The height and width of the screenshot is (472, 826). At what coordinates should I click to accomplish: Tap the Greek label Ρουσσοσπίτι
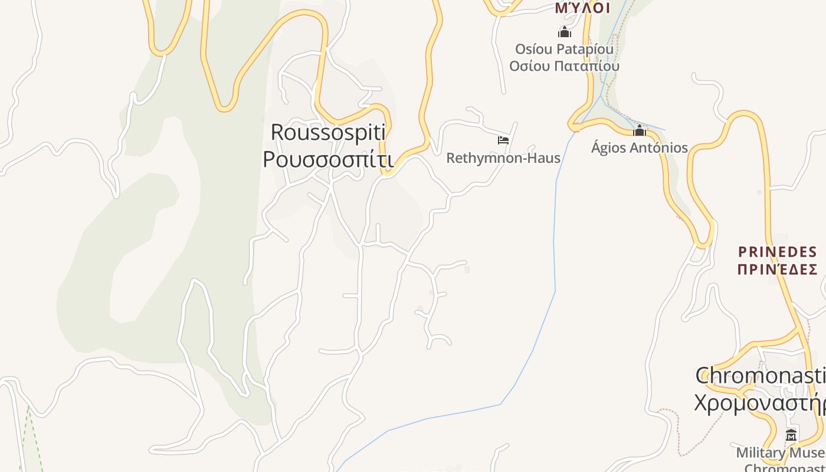pos(327,159)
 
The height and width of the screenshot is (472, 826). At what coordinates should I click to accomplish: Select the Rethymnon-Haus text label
pos(503,158)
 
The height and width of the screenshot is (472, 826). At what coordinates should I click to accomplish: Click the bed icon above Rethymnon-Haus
pos(503,140)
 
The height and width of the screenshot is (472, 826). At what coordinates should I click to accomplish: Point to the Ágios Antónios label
pos(640,147)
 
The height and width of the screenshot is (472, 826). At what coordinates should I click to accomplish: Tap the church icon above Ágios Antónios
pos(640,130)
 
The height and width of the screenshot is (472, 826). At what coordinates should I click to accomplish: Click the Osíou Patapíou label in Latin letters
pos(564,49)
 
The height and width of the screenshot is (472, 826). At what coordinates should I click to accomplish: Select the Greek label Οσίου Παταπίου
pos(564,65)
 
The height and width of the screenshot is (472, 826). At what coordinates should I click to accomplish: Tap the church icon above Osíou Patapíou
pos(565,32)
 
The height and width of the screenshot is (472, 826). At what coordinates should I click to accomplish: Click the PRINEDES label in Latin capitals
pos(778,253)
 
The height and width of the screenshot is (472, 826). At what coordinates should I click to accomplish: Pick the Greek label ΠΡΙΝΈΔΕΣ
pos(778,270)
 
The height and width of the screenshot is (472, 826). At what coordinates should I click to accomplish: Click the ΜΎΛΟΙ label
pos(582,8)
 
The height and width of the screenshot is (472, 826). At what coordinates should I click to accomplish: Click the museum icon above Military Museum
pos(791,435)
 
